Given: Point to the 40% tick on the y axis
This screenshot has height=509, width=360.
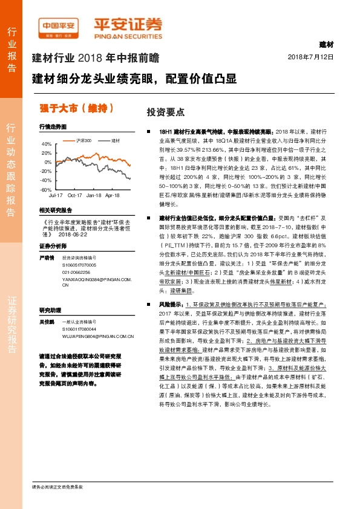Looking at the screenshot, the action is pos(47,144).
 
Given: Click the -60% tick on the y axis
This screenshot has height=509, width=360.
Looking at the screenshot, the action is pos(46,189).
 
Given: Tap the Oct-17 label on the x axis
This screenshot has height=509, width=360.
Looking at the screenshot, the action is pos(75,196).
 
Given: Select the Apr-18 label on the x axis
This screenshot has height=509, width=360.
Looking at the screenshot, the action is pos(112,196).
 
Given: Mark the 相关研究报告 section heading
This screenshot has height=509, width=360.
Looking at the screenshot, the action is pos(55,209).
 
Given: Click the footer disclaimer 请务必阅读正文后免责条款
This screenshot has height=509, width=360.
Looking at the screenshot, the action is pos(57,487).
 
